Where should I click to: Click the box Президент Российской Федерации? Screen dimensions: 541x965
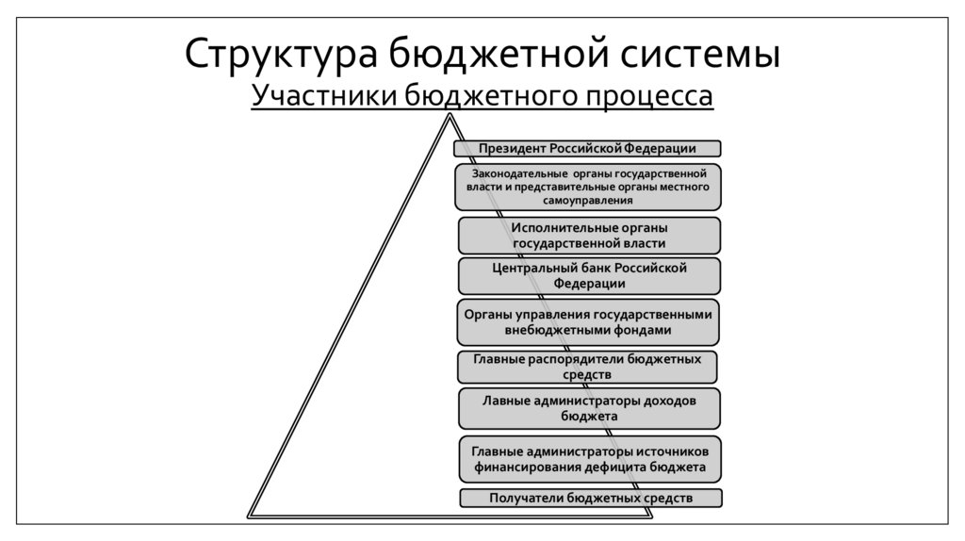(x=587, y=149)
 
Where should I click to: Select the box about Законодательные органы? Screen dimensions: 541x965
(x=587, y=187)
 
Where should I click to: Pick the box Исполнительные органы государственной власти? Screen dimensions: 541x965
(x=590, y=236)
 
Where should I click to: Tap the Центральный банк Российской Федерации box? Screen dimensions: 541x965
(x=590, y=275)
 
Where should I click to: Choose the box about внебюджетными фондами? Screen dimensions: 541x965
(x=590, y=322)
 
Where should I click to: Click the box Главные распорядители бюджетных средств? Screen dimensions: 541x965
(x=587, y=368)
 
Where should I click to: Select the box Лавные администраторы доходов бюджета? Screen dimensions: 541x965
(x=590, y=408)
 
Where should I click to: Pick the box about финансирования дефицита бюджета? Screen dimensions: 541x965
(x=590, y=459)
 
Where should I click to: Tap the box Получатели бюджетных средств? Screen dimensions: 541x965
(x=591, y=498)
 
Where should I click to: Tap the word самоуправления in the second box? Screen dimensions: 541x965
(x=588, y=201)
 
